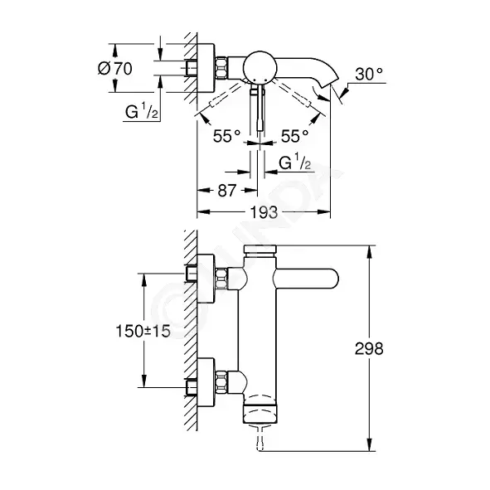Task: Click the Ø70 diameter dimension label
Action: pyautogui.click(x=115, y=69)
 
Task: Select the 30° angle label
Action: pyautogui.click(x=369, y=74)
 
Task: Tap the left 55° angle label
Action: pyautogui.click(x=226, y=136)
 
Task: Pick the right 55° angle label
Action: pyautogui.click(x=294, y=136)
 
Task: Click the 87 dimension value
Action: pyautogui.click(x=227, y=191)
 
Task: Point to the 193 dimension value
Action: pyautogui.click(x=264, y=212)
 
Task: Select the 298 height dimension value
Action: pyautogui.click(x=369, y=348)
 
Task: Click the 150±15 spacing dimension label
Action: pyautogui.click(x=143, y=332)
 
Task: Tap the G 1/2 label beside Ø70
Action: pyautogui.click(x=142, y=111)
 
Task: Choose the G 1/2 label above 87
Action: pyautogui.click(x=295, y=163)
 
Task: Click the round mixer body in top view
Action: pyautogui.click(x=260, y=67)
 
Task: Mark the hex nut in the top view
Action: pyautogui.click(x=221, y=68)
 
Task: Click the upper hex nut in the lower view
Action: pyautogui.click(x=221, y=279)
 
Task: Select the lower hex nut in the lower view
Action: pyautogui.click(x=221, y=381)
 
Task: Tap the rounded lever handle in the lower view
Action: pyautogui.click(x=306, y=279)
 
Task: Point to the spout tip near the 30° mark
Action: pyautogui.click(x=332, y=80)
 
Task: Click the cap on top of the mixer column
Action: pyautogui.click(x=260, y=249)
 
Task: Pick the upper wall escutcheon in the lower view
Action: pyautogui.click(x=206, y=279)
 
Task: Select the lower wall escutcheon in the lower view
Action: pyautogui.click(x=206, y=382)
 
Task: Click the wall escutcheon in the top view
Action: pyautogui.click(x=206, y=68)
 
